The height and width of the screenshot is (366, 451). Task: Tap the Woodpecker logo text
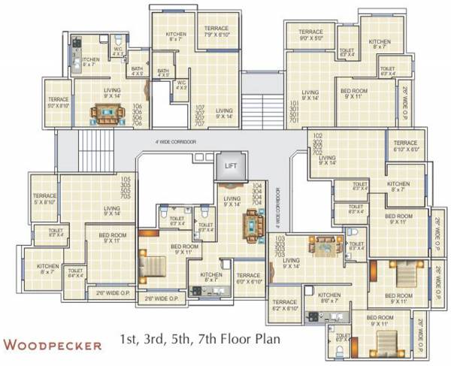tap(53, 345)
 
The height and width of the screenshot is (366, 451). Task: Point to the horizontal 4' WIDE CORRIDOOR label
tap(174, 141)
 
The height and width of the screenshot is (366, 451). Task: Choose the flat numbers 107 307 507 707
tap(200, 116)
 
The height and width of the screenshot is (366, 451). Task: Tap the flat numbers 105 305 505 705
tap(126, 188)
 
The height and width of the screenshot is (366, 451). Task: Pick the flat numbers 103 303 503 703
tap(280, 247)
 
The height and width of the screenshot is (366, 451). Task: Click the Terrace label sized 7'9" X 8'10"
tap(217, 32)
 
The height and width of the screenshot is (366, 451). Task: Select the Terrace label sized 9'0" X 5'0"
tap(310, 35)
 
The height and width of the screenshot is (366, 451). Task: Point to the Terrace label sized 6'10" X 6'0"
tap(405, 147)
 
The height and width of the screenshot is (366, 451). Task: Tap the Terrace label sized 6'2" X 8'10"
tap(285, 304)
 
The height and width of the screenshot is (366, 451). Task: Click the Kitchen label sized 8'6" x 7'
tap(329, 298)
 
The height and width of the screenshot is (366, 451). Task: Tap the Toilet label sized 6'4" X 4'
tap(75, 274)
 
